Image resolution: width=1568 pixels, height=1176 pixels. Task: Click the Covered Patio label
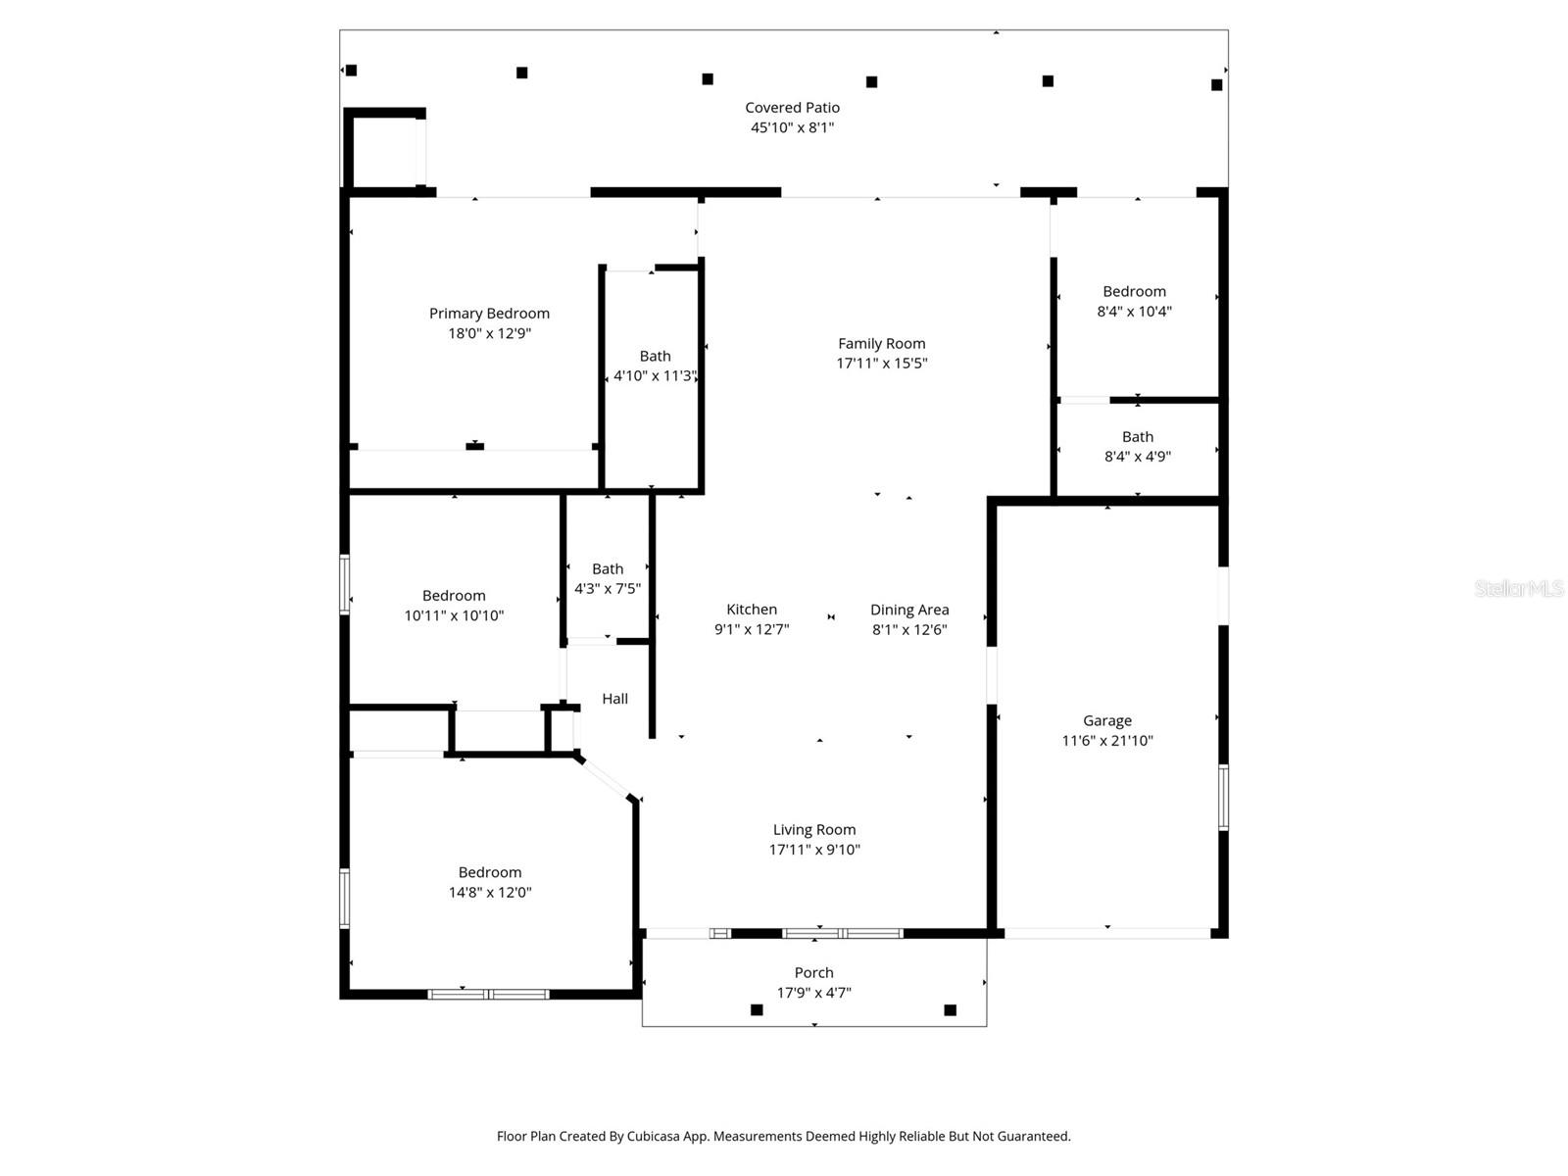click(792, 108)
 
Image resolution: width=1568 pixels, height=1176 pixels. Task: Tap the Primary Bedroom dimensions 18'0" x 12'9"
click(489, 333)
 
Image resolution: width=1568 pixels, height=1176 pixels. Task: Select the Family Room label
click(881, 343)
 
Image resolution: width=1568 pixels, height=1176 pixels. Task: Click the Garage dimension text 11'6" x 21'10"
click(1107, 741)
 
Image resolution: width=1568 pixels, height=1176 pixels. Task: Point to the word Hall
click(614, 699)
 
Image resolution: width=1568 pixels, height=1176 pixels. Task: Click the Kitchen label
click(752, 610)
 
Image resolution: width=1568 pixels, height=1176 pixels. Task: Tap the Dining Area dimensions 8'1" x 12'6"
click(909, 630)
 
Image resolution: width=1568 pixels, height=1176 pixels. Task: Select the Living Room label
click(813, 830)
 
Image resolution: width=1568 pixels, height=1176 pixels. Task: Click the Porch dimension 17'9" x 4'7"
click(813, 993)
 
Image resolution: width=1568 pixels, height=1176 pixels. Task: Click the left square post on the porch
click(757, 1009)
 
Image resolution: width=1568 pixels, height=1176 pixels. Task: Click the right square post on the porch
click(950, 1009)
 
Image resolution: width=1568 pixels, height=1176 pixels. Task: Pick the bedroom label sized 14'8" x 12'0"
click(489, 872)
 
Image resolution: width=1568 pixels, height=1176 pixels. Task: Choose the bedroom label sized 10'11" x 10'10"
click(454, 596)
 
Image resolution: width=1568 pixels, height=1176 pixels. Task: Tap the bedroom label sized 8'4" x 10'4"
click(1134, 291)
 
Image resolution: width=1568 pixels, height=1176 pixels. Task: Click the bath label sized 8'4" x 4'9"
click(1137, 437)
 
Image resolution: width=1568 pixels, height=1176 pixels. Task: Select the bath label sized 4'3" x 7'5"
click(607, 569)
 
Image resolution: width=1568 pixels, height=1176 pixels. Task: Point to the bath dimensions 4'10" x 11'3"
click(655, 375)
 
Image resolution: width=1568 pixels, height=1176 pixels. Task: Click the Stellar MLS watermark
click(1518, 588)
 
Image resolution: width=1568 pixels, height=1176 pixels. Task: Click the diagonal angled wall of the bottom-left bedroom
click(606, 777)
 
